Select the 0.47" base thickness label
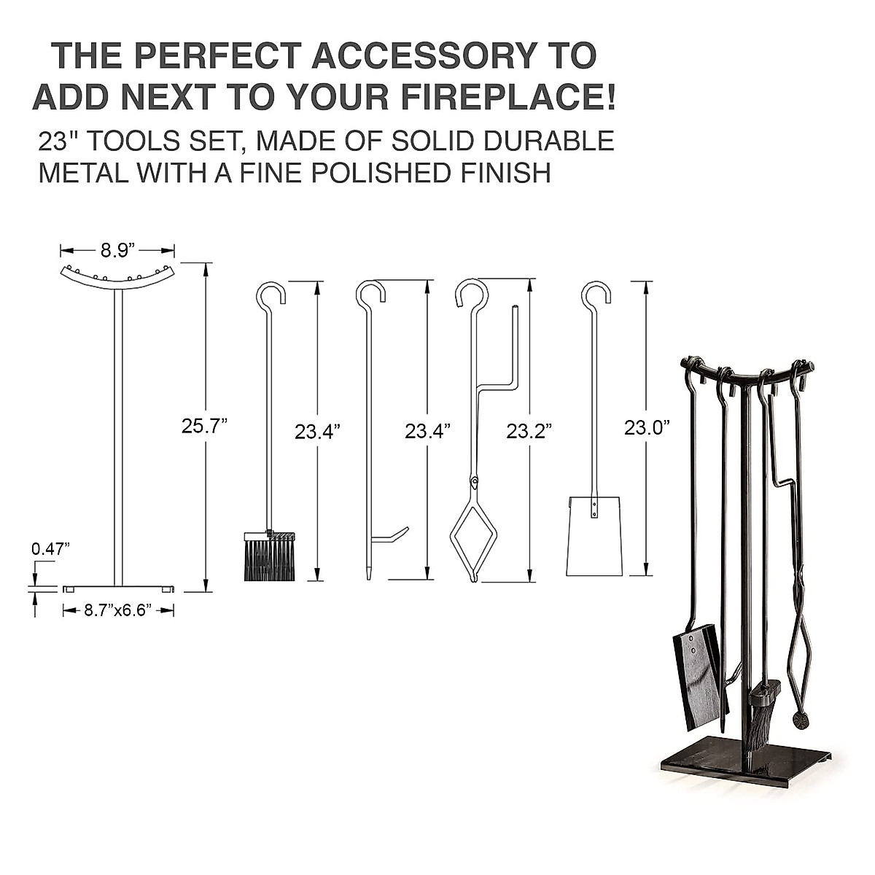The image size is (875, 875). (50, 548)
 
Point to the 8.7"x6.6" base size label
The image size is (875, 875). (117, 611)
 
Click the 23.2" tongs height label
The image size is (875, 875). (529, 431)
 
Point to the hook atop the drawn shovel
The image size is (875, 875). (596, 293)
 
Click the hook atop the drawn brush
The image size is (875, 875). (271, 293)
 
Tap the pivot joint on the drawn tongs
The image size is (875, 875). (475, 481)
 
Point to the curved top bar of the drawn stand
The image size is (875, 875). (117, 279)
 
